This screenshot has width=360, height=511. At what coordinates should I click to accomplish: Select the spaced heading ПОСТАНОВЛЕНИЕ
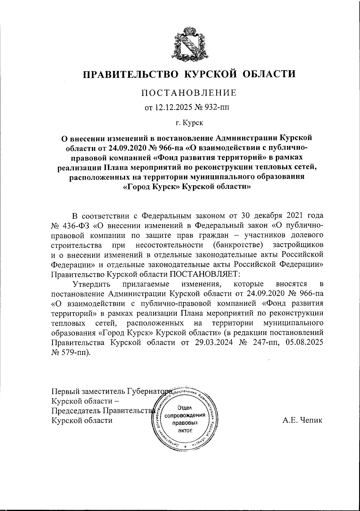click(189, 93)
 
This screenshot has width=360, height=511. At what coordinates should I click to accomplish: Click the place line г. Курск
click(189, 122)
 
